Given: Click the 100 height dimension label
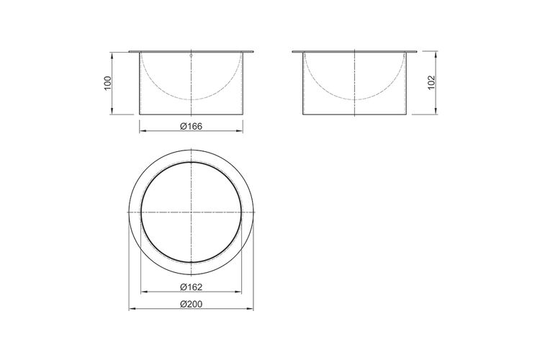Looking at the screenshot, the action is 108,83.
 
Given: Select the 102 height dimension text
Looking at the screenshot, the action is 431,83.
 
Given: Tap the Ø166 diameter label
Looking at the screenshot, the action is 191,127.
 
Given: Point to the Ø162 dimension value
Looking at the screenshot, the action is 191,287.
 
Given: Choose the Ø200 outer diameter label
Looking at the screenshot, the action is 191,304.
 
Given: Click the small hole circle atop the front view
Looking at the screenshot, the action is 191,55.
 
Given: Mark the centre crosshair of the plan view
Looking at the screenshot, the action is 191,212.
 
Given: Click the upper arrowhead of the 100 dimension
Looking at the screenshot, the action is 112,55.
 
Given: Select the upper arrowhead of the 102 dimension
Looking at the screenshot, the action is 436,55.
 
